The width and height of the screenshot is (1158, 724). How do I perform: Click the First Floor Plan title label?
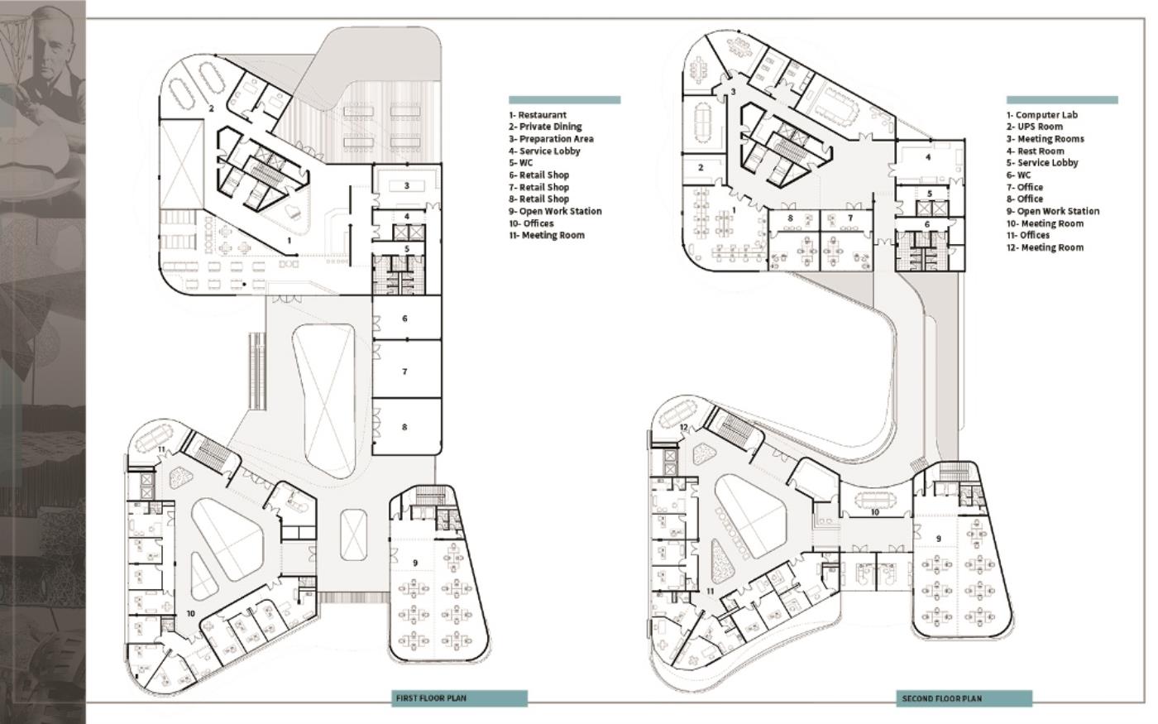431,698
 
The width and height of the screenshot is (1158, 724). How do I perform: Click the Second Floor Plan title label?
941,698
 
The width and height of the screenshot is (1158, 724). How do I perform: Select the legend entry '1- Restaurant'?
538,115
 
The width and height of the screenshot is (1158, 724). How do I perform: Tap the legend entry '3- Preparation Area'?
551,139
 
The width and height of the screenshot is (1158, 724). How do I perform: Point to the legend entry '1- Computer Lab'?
1041,115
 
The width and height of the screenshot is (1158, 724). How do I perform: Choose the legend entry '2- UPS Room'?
1035,127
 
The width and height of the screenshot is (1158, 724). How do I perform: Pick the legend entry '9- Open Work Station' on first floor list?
555,211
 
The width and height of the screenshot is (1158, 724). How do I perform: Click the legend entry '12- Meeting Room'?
1045,247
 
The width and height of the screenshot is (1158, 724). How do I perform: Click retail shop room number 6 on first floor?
404,319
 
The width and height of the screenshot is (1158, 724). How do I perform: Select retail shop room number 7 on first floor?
404,372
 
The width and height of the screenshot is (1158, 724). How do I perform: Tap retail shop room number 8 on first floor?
404,427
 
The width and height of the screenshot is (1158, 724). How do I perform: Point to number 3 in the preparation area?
406,185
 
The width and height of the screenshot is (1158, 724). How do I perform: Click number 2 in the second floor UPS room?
701,167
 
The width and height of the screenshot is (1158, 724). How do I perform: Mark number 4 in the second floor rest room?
928,156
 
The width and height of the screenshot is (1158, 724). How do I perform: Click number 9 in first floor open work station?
415,563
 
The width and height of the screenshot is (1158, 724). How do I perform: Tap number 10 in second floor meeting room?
875,512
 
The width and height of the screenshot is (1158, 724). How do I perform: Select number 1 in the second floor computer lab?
734,210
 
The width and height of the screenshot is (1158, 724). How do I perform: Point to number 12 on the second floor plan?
684,427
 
